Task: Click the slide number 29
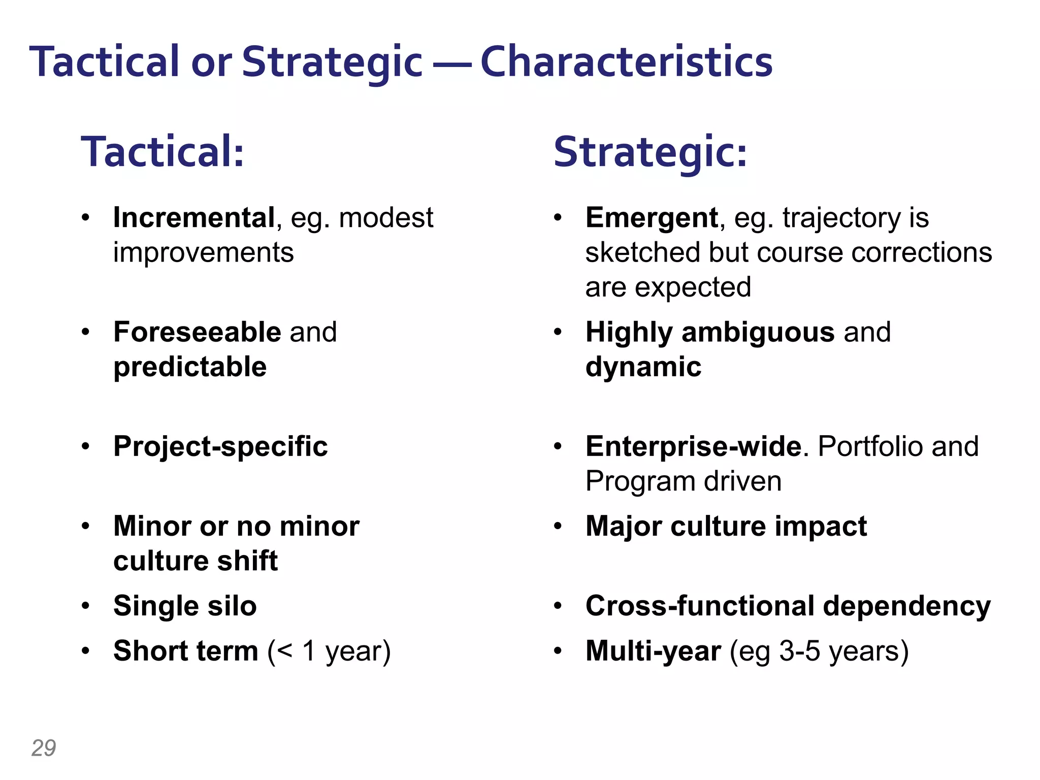point(44,748)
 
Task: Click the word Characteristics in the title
point(626,62)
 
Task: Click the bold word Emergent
point(652,218)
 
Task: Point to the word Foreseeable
point(197,332)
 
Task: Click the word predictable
point(190,367)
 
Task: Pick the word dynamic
point(643,367)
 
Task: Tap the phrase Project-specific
point(220,446)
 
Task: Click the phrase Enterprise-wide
point(694,446)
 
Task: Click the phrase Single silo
point(185,606)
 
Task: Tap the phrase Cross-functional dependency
point(788,606)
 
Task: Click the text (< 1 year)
point(329,651)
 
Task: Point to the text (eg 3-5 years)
point(819,651)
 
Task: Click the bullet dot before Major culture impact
point(558,527)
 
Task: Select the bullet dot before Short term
point(86,651)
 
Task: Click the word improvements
point(203,252)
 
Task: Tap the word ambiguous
point(758,332)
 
